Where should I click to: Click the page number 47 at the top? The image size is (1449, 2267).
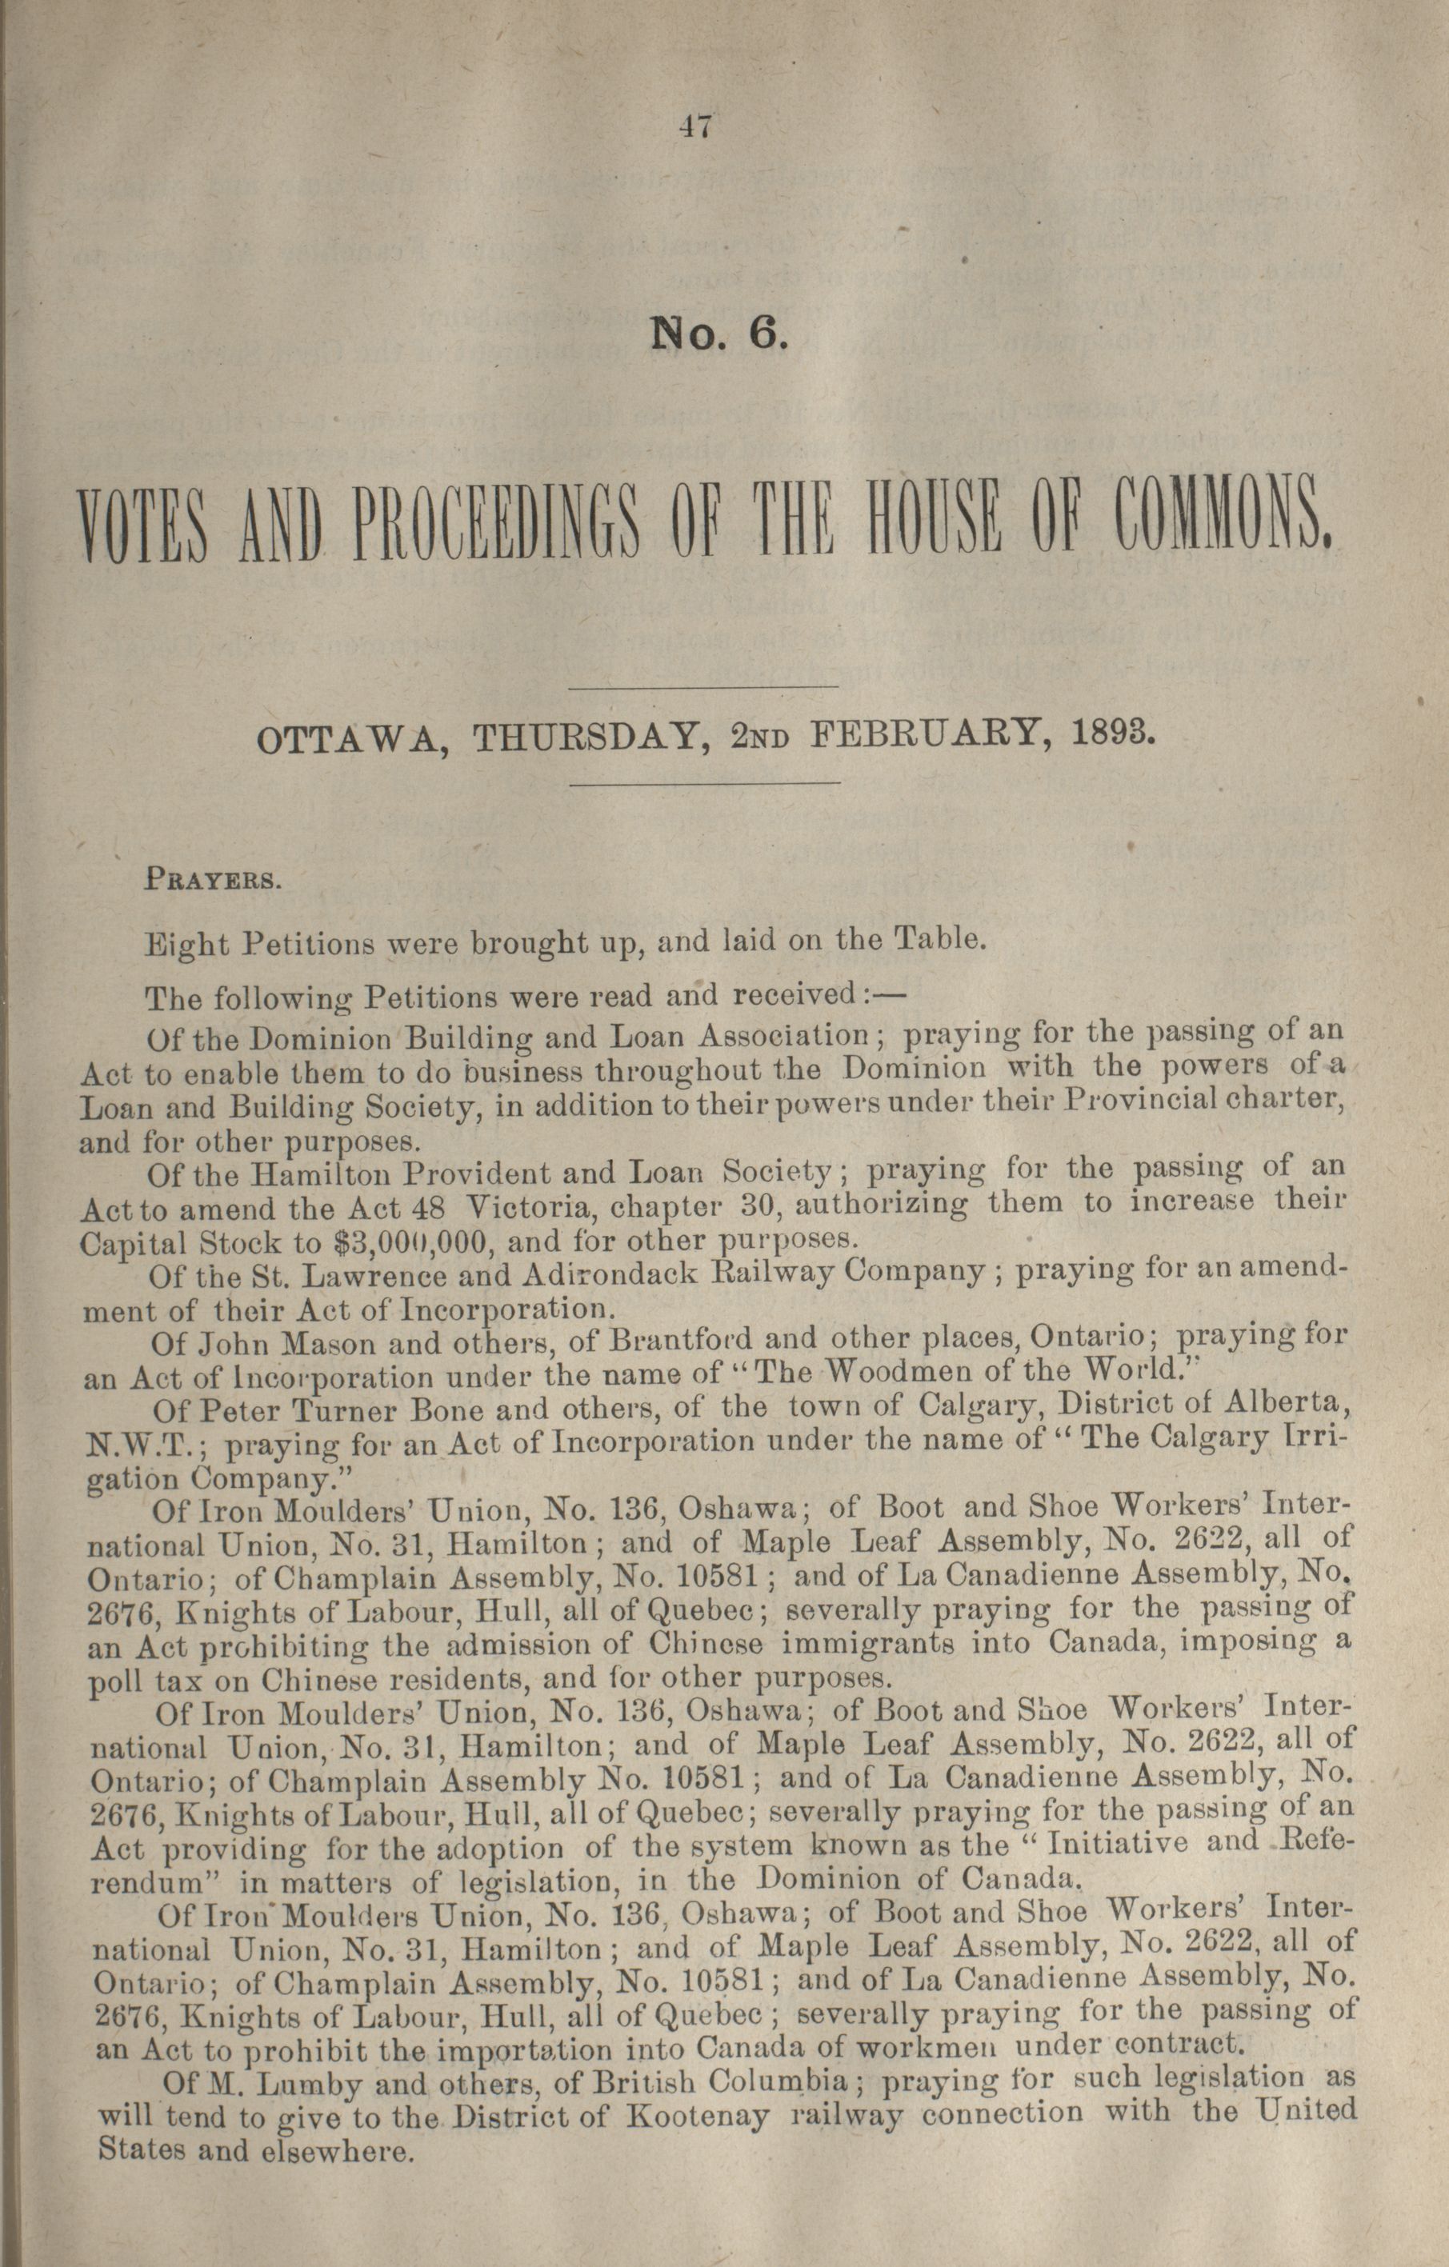pyautogui.click(x=697, y=126)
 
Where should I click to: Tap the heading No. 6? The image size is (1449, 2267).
pyautogui.click(x=715, y=335)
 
